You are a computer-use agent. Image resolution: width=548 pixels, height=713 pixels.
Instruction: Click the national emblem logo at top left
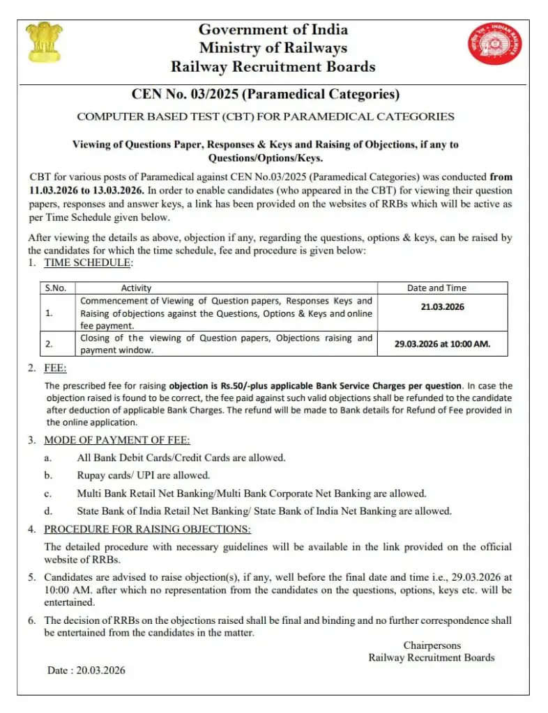(x=44, y=42)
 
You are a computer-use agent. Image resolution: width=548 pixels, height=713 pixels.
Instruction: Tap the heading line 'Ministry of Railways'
(x=273, y=48)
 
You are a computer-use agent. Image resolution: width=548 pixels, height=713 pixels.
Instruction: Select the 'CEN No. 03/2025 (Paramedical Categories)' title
(x=266, y=94)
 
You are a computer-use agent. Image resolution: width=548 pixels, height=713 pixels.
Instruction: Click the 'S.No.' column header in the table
(x=54, y=288)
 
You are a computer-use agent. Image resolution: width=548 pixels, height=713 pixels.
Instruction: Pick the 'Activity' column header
(x=136, y=288)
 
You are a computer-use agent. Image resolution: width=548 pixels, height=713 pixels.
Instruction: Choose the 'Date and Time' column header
(x=436, y=288)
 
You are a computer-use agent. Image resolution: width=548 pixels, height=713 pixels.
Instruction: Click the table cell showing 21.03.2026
(x=442, y=306)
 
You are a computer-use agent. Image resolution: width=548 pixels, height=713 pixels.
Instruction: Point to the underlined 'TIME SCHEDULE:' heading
(x=88, y=263)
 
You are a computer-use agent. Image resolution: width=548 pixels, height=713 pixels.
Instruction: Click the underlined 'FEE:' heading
(x=55, y=368)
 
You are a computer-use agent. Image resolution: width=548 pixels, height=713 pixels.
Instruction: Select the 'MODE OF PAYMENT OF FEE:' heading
(x=116, y=440)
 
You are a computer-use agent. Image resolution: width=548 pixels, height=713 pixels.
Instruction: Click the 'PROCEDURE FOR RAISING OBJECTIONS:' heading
(x=147, y=528)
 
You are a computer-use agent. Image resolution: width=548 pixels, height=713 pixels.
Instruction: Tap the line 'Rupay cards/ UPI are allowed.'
(x=144, y=475)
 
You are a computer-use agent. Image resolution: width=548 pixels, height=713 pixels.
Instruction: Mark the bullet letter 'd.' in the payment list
(x=48, y=510)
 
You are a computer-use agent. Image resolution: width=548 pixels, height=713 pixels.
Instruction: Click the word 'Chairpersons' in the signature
(x=432, y=645)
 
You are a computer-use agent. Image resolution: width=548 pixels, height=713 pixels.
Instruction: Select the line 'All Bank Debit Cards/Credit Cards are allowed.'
(x=181, y=457)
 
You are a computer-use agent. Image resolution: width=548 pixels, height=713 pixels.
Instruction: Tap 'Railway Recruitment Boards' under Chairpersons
(x=432, y=657)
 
